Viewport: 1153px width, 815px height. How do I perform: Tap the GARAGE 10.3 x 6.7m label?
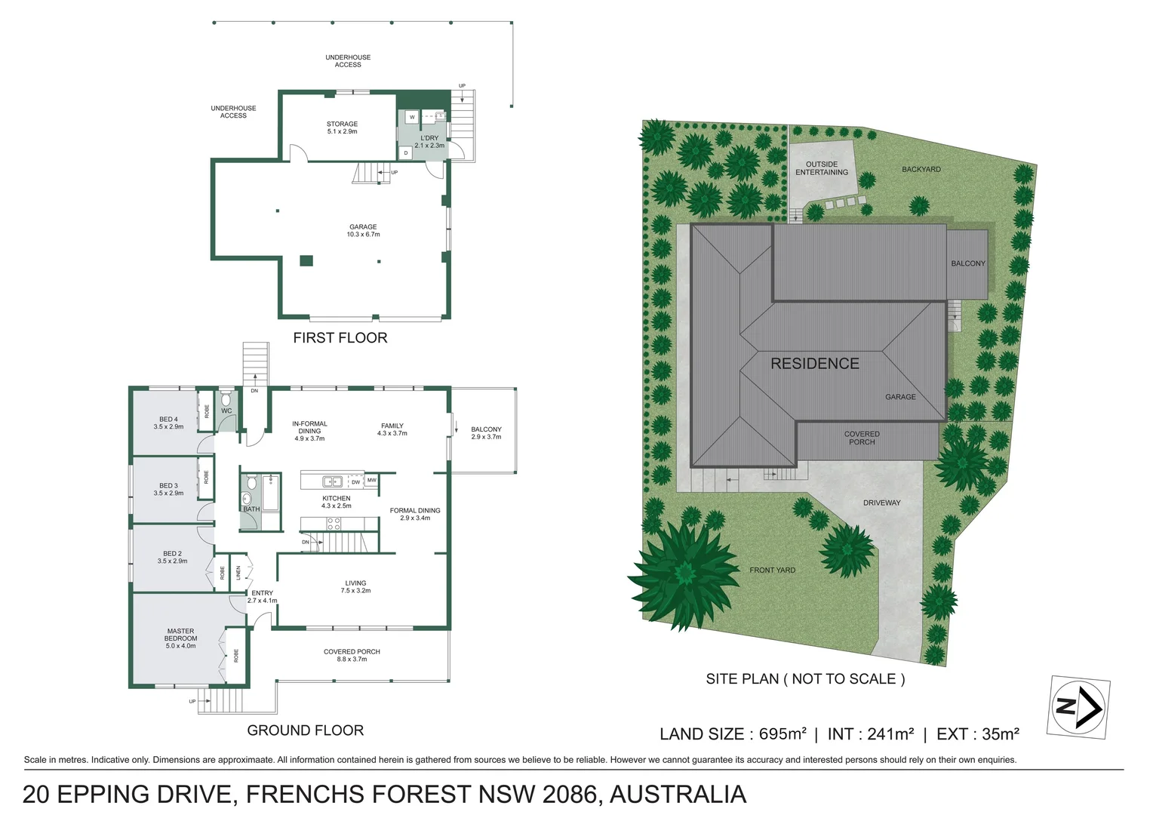(x=363, y=231)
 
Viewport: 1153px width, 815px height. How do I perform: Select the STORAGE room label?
(x=342, y=128)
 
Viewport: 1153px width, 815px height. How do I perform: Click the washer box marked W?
(x=412, y=118)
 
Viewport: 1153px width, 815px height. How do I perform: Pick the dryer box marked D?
(x=406, y=153)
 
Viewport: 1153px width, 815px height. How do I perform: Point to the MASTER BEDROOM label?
(x=180, y=638)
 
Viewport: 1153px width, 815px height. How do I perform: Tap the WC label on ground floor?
(x=226, y=411)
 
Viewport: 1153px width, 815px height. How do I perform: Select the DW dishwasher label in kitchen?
(x=355, y=482)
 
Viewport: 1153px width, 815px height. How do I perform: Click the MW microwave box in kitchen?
(x=372, y=480)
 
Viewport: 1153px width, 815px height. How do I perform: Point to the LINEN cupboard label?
(x=238, y=573)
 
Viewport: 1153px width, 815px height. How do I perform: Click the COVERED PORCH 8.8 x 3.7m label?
(x=352, y=656)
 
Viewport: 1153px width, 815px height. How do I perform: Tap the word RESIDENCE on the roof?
(x=815, y=364)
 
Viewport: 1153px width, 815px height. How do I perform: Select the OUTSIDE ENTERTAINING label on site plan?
(x=822, y=168)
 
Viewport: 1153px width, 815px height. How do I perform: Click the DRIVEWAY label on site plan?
(x=882, y=503)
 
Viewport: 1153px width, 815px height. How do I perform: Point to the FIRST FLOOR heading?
(x=340, y=338)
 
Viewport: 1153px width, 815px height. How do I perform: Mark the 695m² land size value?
(x=783, y=733)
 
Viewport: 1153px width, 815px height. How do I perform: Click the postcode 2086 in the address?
(x=570, y=794)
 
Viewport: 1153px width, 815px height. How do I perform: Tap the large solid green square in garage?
(x=306, y=260)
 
